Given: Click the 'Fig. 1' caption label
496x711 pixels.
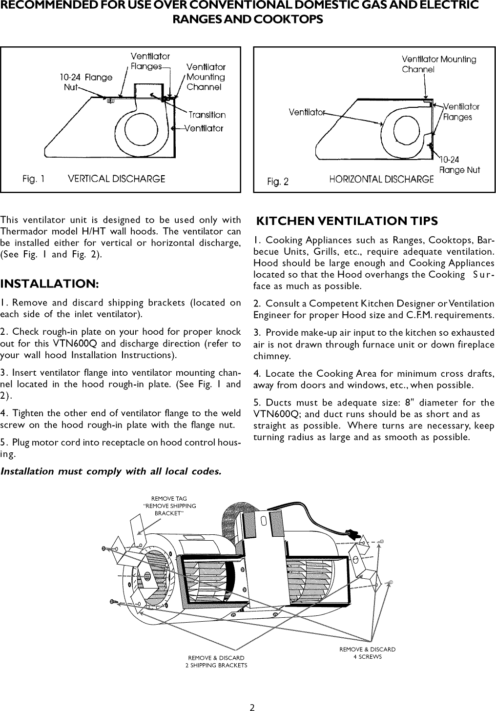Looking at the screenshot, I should [x=33, y=179].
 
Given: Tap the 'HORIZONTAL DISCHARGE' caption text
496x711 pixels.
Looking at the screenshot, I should [x=381, y=179].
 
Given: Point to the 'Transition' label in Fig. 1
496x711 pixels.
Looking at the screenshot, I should [x=207, y=115].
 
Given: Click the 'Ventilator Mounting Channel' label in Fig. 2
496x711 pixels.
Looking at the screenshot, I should [x=438, y=64].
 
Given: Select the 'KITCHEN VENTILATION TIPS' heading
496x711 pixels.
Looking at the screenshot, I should [x=347, y=221].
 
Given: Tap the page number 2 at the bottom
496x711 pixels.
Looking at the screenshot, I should [x=252, y=694].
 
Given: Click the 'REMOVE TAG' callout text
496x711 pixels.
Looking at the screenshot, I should [x=169, y=499].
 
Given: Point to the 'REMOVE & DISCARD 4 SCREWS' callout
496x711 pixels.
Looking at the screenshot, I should [x=367, y=653].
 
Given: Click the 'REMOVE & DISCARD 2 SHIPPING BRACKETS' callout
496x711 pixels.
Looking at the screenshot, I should [x=216, y=662].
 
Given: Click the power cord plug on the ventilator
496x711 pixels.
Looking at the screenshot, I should [x=351, y=533].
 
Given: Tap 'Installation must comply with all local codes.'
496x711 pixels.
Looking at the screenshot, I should [x=111, y=472].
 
